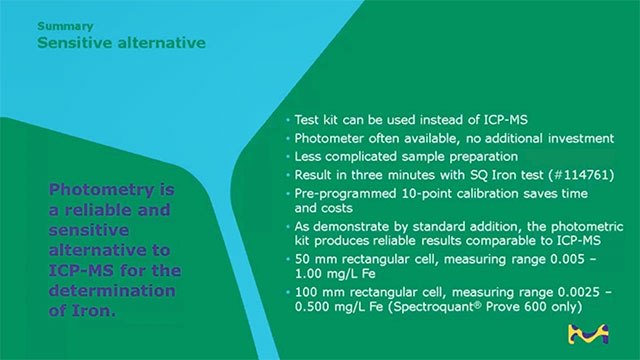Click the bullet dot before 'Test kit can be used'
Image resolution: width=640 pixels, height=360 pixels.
(x=287, y=119)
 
